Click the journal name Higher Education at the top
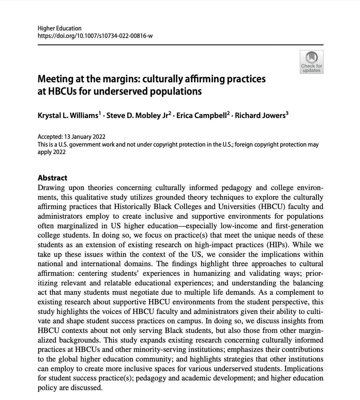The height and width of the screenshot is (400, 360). (x=59, y=28)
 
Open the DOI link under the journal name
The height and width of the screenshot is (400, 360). (x=95, y=36)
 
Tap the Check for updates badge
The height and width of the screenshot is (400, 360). (x=311, y=62)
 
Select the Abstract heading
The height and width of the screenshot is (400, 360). (x=53, y=178)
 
